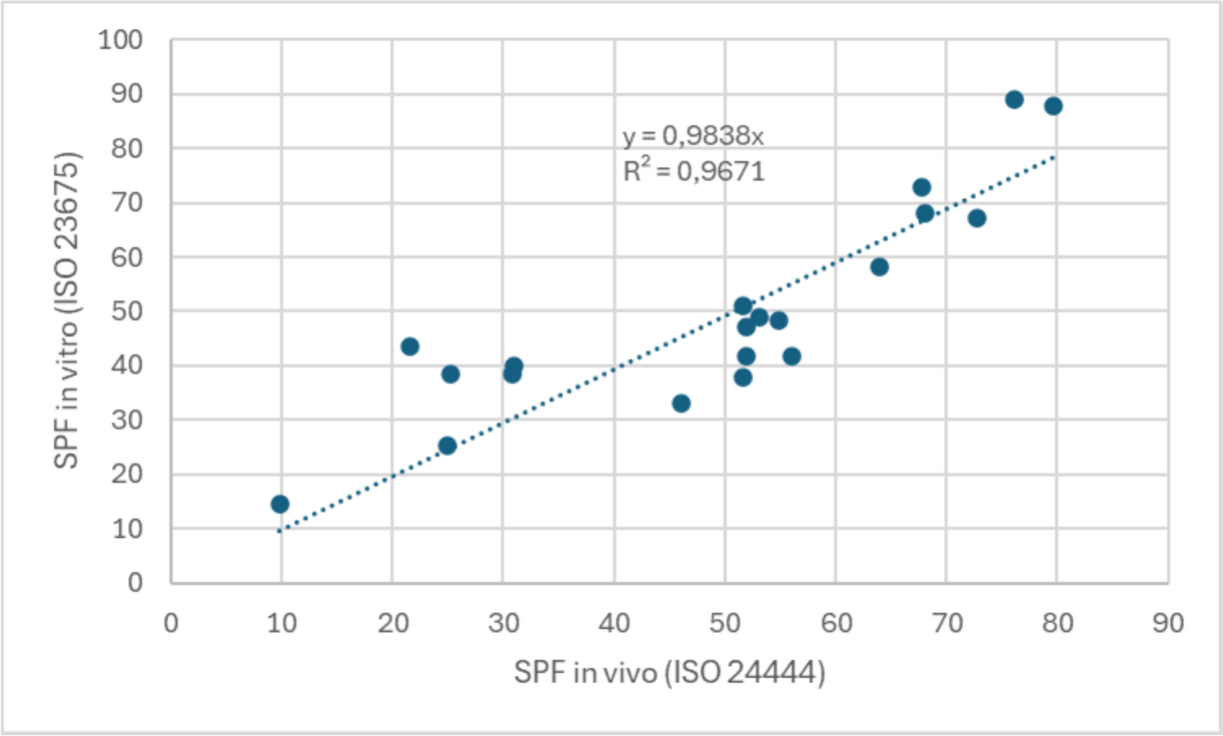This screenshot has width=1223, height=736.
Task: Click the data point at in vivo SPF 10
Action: (x=280, y=504)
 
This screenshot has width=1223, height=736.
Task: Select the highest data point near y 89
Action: (x=1014, y=100)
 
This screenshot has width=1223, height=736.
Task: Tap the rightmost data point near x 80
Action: (x=1053, y=106)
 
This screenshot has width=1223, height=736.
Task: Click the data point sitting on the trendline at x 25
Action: (x=447, y=446)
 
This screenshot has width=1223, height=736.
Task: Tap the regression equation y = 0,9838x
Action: (x=693, y=136)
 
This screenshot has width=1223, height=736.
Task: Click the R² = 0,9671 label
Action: (x=694, y=171)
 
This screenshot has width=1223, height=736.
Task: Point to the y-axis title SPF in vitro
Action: (x=67, y=310)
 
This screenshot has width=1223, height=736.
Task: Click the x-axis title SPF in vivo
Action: (x=669, y=672)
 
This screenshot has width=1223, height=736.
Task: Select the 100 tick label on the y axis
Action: (x=120, y=40)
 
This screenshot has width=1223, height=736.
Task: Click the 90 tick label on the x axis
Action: (x=1168, y=624)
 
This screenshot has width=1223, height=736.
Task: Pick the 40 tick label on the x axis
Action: (x=614, y=624)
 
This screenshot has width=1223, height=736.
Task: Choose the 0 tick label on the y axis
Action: (x=135, y=583)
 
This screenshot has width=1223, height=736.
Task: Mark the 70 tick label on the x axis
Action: (x=946, y=624)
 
